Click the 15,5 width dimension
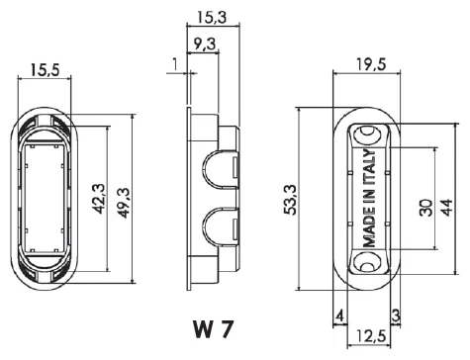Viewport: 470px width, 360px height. coord(45,70)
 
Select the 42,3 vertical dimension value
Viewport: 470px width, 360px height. coord(98,199)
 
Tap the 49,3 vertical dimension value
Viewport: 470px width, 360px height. coord(125,203)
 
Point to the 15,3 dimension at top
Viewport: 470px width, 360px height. coord(212,18)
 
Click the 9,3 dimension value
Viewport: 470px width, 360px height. coord(204,45)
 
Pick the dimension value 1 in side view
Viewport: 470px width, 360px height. coord(175,64)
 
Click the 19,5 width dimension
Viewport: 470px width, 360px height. coord(371,64)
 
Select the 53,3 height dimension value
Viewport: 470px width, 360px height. coord(290,200)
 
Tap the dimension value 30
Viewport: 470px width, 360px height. coord(426,208)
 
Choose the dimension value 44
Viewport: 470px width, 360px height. coord(446,208)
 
